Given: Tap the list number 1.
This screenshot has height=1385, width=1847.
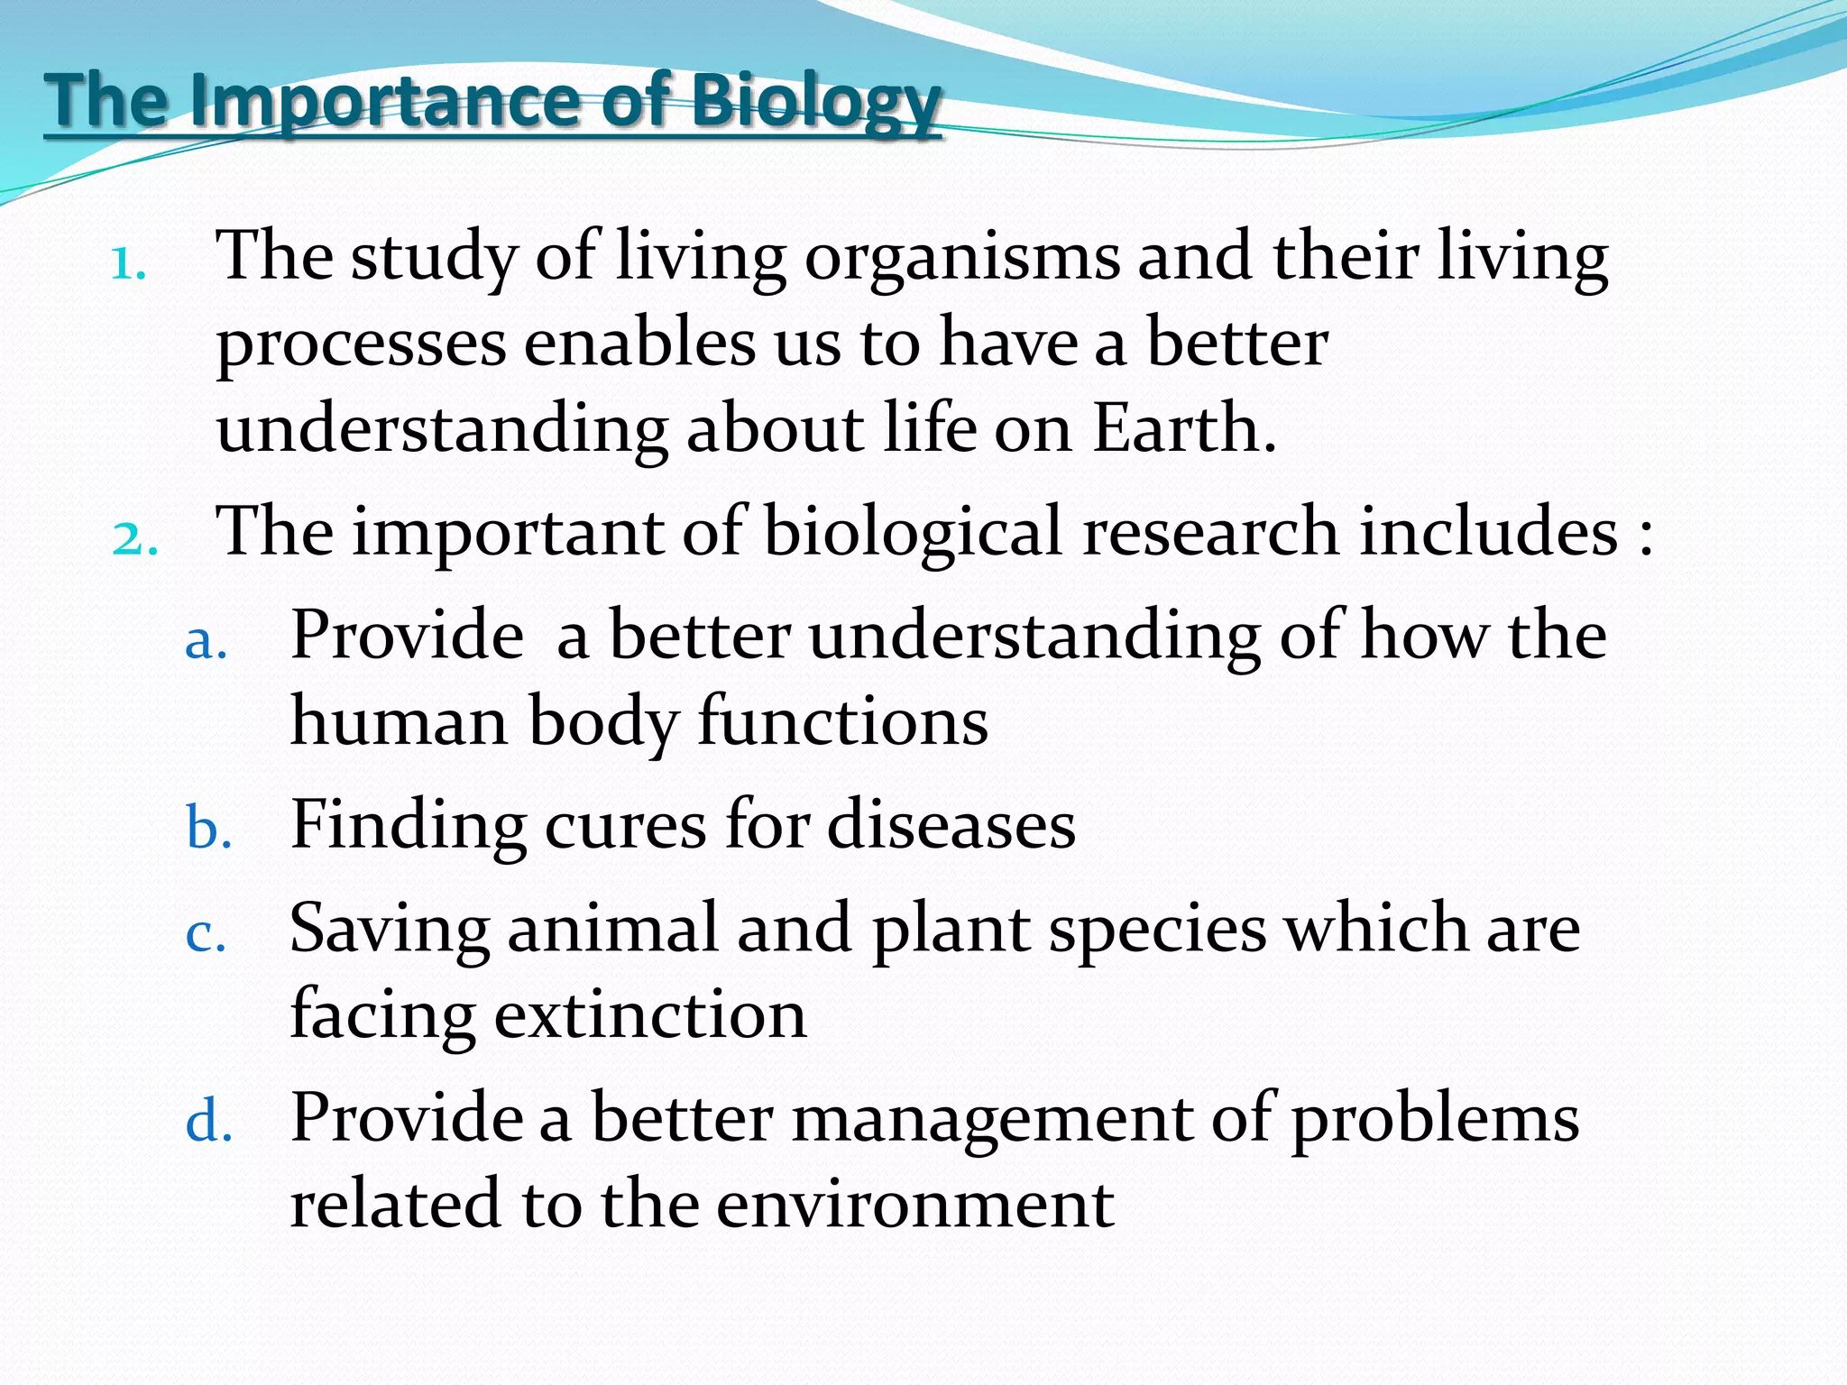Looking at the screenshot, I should (127, 264).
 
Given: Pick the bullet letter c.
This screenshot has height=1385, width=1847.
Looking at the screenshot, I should (205, 934).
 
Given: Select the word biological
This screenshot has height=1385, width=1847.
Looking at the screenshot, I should (913, 532).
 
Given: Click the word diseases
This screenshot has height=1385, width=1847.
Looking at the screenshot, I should (951, 825).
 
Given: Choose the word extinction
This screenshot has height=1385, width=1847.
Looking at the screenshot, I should (649, 1015).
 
